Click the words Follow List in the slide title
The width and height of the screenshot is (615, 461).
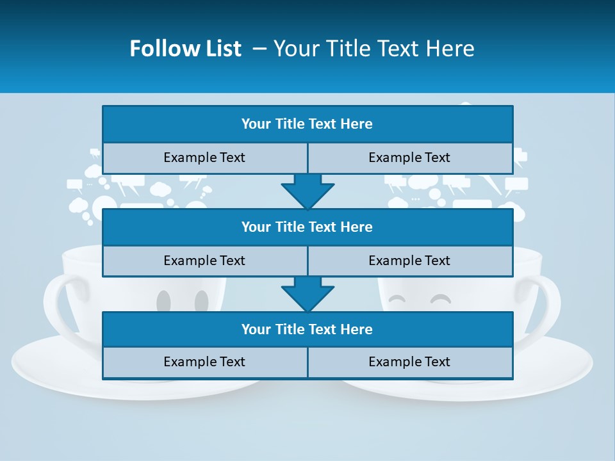click(x=185, y=49)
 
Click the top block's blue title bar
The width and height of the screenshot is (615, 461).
click(x=307, y=124)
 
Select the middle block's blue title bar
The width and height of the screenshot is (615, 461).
click(x=307, y=227)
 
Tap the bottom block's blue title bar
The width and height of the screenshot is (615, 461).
click(x=307, y=330)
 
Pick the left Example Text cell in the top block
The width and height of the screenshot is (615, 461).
click(x=204, y=158)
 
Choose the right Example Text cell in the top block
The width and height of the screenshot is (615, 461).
click(x=409, y=158)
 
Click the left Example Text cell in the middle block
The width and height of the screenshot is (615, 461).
click(x=204, y=261)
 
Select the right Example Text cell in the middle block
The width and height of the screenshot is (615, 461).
click(x=409, y=261)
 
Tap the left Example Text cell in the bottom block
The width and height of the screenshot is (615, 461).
click(x=204, y=362)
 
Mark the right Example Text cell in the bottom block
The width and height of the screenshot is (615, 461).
click(x=409, y=362)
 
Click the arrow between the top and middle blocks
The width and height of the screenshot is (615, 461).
click(x=307, y=191)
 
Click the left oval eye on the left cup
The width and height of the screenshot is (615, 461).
click(x=163, y=301)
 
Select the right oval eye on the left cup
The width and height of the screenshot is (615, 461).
click(x=202, y=301)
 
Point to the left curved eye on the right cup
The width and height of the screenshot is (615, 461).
click(x=398, y=298)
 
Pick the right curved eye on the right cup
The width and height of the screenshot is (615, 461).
click(x=440, y=298)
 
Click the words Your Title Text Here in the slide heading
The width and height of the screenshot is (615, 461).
click(x=373, y=49)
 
